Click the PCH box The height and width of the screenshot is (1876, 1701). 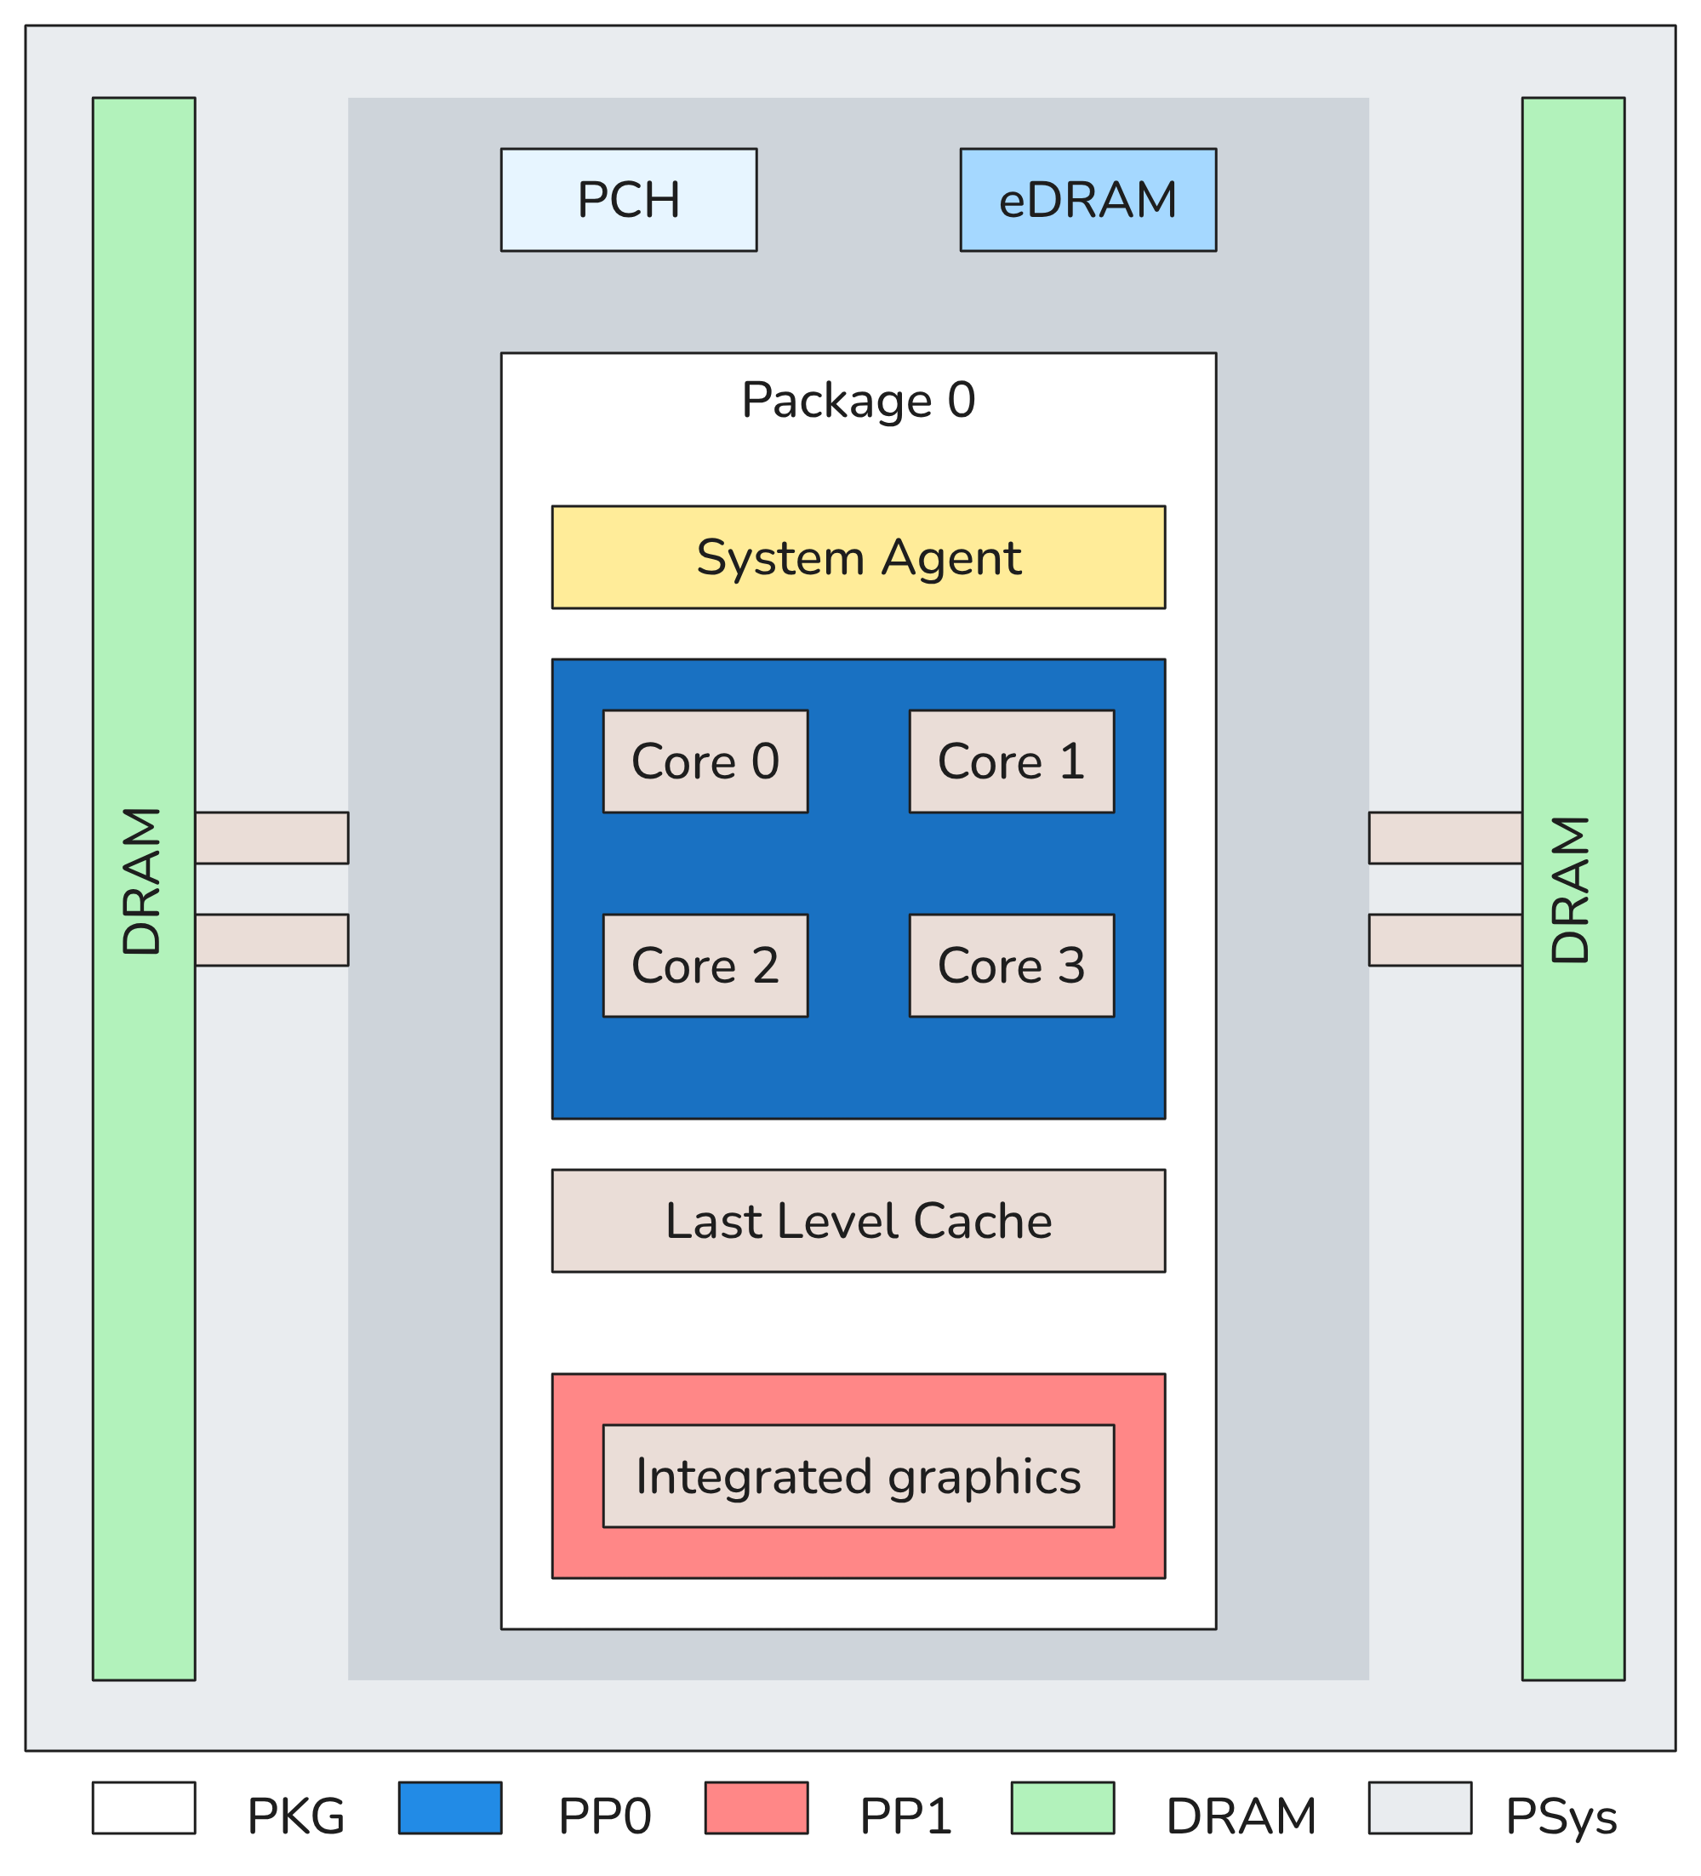(628, 199)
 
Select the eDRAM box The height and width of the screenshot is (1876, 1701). (1087, 199)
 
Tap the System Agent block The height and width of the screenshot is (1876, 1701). (858, 557)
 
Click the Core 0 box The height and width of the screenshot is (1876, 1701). (705, 761)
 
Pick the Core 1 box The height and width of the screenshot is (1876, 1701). (1012, 761)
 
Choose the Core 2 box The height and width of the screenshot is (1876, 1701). (705, 965)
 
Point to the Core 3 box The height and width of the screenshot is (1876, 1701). (1012, 965)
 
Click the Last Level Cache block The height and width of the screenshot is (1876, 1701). (858, 1221)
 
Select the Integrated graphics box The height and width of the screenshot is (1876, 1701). (858, 1476)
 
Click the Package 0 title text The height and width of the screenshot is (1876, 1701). (858, 401)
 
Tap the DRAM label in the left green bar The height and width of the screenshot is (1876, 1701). (142, 881)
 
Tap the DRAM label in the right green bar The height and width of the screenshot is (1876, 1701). (1572, 889)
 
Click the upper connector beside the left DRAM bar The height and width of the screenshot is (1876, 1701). (271, 837)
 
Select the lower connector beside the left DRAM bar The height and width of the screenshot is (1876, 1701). (271, 940)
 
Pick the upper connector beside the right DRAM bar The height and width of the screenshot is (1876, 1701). (1445, 837)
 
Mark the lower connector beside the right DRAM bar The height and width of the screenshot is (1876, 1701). (1445, 940)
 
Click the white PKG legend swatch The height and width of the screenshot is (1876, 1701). (144, 1807)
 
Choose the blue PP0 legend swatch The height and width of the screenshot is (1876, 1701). (450, 1807)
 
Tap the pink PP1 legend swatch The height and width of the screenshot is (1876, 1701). (756, 1807)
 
